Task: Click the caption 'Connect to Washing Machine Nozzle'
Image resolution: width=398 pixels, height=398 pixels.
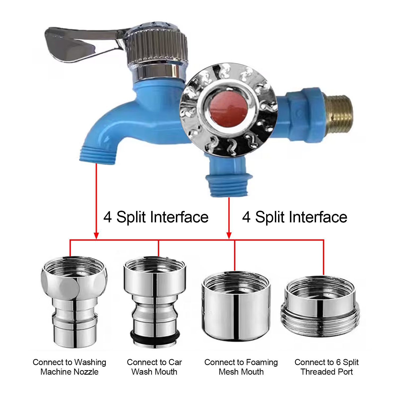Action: coord(70,367)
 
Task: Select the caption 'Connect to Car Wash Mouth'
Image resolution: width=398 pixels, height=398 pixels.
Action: coord(154,367)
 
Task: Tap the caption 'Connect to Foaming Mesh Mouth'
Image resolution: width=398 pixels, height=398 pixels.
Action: coord(241,367)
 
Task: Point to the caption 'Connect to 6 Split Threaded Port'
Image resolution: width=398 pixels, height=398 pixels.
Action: coord(327,367)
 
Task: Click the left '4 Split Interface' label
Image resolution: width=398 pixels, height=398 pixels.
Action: coord(156,217)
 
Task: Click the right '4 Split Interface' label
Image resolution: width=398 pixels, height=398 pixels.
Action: coord(295,217)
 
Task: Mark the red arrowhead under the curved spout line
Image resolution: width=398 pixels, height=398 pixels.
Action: coord(96,236)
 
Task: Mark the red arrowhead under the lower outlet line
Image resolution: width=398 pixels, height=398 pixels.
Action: coord(229,236)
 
